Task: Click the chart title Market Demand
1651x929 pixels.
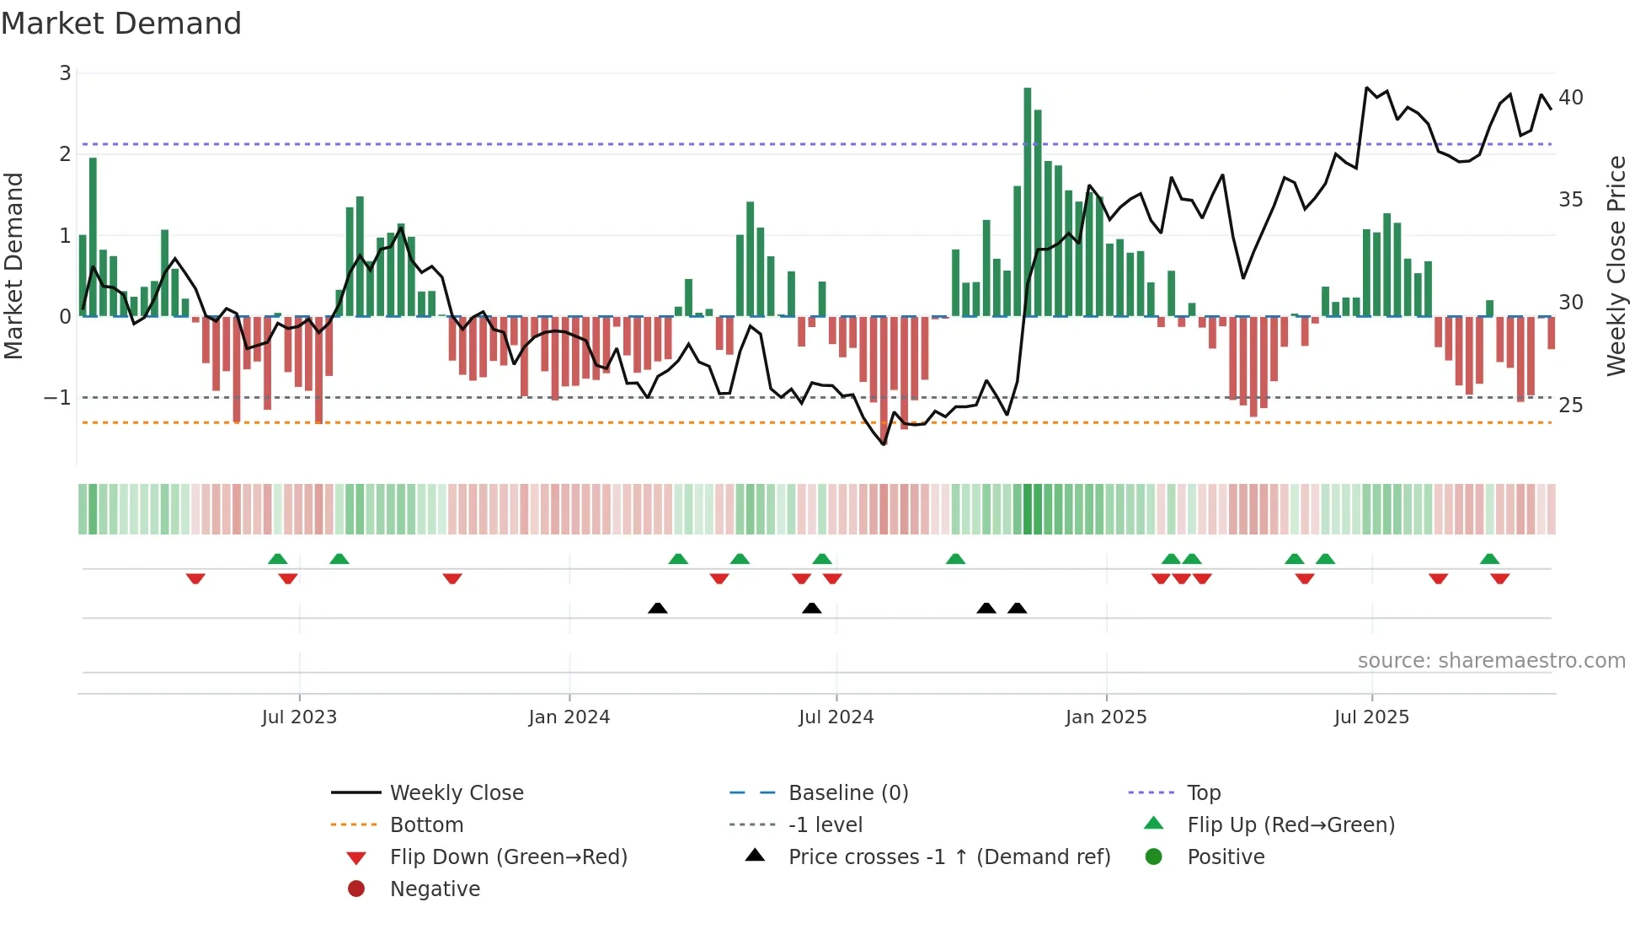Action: (121, 24)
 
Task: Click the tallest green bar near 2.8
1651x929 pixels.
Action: (1027, 202)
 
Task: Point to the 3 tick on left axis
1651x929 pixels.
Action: (65, 73)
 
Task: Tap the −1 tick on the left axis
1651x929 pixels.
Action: (58, 397)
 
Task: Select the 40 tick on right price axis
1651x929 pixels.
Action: (1570, 98)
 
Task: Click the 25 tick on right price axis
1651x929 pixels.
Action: (1570, 405)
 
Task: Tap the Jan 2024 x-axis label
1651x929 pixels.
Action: (569, 717)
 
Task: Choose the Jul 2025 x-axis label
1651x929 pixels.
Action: (1370, 717)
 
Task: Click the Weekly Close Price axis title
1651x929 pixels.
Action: (1615, 266)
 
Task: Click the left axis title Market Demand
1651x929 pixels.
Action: (13, 266)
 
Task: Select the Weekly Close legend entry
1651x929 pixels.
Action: (456, 793)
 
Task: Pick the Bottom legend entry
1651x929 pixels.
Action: (426, 825)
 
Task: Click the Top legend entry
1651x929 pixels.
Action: (1203, 793)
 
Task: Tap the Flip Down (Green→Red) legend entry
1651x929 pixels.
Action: (508, 857)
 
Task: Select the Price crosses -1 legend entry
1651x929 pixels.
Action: (948, 857)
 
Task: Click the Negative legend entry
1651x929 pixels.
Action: (435, 889)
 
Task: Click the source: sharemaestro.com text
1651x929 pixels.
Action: (1491, 661)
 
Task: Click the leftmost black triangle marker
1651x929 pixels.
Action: (658, 608)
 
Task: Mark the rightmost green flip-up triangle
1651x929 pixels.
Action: (1489, 559)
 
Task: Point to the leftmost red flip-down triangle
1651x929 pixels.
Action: (195, 578)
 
